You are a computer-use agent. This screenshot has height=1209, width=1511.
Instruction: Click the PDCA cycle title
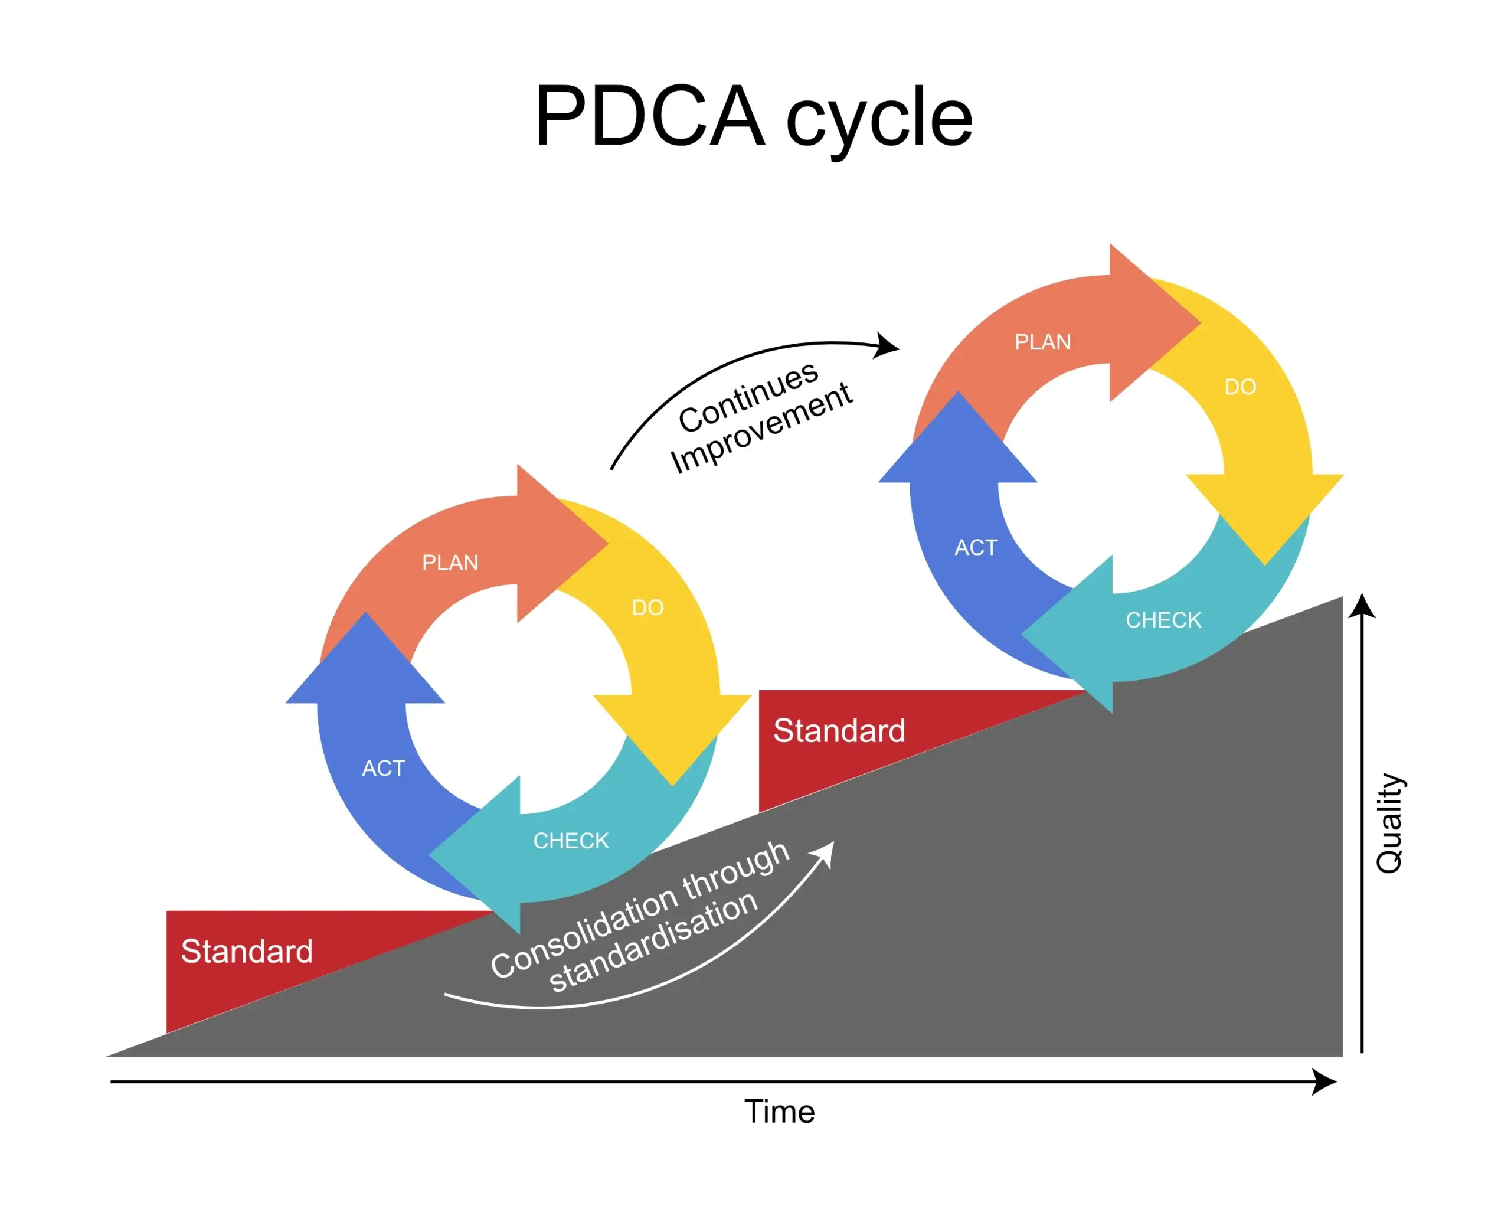pyautogui.click(x=753, y=116)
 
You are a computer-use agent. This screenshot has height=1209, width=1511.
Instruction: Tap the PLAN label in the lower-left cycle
pyautogui.click(x=450, y=563)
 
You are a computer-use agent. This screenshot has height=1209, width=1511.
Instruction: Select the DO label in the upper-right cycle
pyautogui.click(x=1239, y=387)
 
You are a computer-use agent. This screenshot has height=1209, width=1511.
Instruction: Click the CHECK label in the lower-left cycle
pyautogui.click(x=571, y=841)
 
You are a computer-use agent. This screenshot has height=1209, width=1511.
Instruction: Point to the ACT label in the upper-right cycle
pyautogui.click(x=976, y=547)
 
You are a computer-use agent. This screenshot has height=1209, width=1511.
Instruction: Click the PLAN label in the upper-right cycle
pyautogui.click(x=1043, y=342)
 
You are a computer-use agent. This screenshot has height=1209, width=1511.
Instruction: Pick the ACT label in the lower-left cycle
pyautogui.click(x=383, y=768)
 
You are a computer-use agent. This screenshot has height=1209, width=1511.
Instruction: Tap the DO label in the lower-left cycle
pyautogui.click(x=647, y=607)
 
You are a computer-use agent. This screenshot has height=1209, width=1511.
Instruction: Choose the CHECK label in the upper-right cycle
pyautogui.click(x=1163, y=620)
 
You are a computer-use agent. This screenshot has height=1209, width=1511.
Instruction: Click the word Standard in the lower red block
pyautogui.click(x=247, y=951)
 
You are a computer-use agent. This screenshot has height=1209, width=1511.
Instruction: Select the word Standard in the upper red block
pyautogui.click(x=839, y=730)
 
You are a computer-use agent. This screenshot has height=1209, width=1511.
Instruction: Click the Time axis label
pyautogui.click(x=779, y=1112)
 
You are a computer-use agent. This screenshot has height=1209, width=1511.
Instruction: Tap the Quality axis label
pyautogui.click(x=1388, y=824)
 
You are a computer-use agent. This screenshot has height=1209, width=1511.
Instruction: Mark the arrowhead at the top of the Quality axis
pyautogui.click(x=1362, y=606)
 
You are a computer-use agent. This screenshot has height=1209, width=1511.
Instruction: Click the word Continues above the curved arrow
pyautogui.click(x=748, y=397)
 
